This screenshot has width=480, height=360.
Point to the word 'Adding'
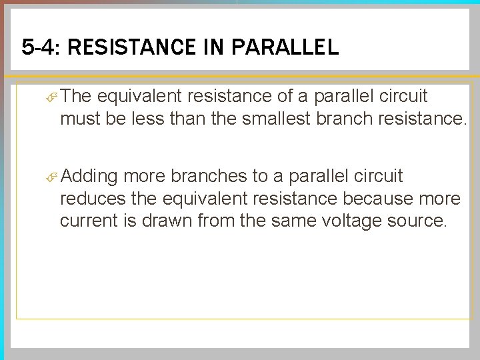coord(91,177)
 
